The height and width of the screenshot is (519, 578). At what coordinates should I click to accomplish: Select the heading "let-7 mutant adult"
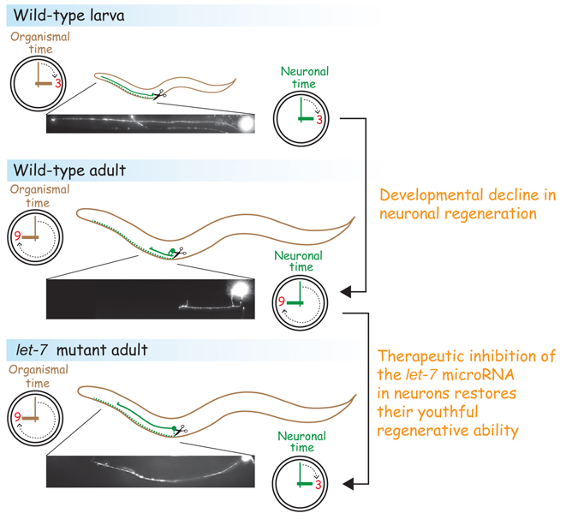(80, 349)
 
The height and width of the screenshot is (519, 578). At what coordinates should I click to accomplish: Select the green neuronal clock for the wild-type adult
(300, 302)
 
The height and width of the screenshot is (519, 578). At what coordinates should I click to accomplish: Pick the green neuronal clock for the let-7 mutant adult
(301, 484)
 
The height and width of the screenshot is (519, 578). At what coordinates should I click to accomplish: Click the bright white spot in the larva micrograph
(246, 123)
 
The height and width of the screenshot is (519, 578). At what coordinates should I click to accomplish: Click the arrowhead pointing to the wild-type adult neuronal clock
(345, 293)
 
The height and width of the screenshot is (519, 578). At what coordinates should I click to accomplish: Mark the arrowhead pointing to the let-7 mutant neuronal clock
(347, 486)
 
